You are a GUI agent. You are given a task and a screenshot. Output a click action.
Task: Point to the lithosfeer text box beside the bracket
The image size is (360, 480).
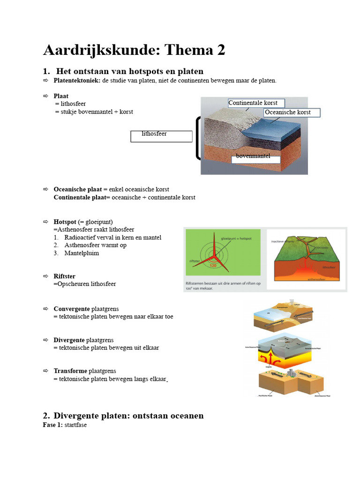pyautogui.click(x=161, y=136)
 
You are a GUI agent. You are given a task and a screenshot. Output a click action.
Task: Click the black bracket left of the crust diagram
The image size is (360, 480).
pyautogui.click(x=196, y=139)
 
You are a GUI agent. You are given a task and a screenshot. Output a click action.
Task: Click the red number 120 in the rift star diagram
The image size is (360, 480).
pyautogui.click(x=215, y=265)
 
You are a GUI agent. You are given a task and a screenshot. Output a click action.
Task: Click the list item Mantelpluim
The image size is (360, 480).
pyautogui.click(x=82, y=253)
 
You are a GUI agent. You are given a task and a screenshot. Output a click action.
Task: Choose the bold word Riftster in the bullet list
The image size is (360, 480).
pyautogui.click(x=64, y=277)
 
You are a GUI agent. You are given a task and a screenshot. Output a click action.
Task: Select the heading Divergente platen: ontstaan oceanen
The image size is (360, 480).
pyautogui.click(x=128, y=416)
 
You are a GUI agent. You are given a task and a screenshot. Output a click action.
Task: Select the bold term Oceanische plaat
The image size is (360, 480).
pyautogui.click(x=77, y=189)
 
